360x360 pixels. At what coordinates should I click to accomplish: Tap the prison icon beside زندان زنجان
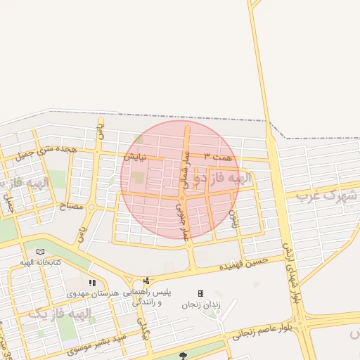[x=200, y=293]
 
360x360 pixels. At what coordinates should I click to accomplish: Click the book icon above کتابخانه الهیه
[x=40, y=252]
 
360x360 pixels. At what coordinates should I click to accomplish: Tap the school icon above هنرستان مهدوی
[x=92, y=283]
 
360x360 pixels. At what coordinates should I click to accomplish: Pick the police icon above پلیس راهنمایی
[x=146, y=281]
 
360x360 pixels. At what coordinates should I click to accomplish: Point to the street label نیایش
[x=136, y=157]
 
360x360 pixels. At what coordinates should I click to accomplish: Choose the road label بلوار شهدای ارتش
[x=292, y=275]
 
